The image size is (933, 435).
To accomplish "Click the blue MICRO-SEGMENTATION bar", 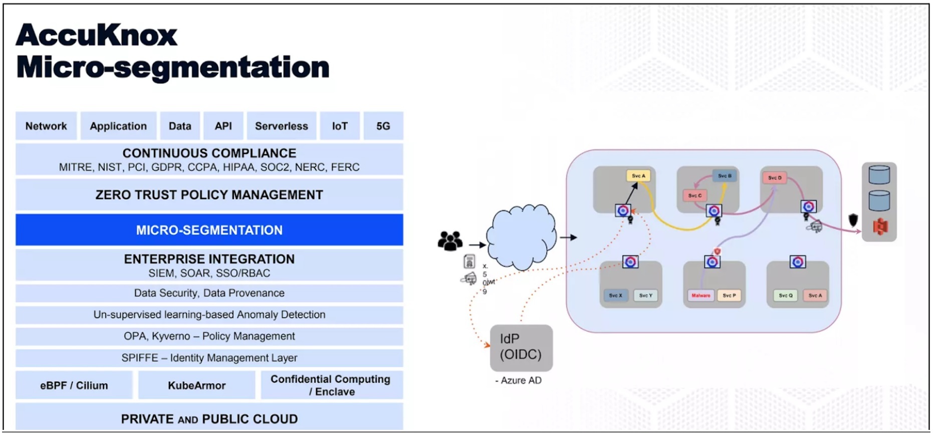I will coord(209,230).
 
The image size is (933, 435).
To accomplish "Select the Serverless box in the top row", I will coord(281,126).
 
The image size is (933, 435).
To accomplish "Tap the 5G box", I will coord(383,126).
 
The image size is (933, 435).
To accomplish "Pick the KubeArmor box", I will coord(196,385).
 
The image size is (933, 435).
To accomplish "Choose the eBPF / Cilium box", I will coord(74,385).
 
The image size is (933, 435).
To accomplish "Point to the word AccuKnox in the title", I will coord(97,35).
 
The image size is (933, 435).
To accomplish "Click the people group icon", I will coord(450,241).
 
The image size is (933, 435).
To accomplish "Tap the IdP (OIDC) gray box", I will coord(521,347).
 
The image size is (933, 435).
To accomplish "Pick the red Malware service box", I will coord(701,296).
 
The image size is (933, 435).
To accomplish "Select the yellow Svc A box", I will coord(638,176).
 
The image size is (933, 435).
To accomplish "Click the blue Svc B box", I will coord(725,176).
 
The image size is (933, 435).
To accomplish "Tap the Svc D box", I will coord(775,178).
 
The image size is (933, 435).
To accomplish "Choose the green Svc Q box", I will coord(786,296).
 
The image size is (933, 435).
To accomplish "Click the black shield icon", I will coord(853,220).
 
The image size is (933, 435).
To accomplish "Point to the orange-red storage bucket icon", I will coord(880,227).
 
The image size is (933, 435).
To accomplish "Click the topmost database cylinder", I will coord(879,175).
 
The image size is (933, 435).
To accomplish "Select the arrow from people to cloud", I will coord(477,245).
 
